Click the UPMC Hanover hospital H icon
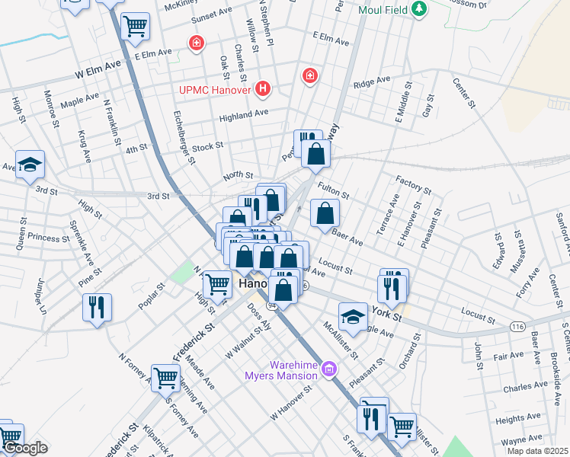pos(264,90)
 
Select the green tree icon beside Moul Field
pos(418,10)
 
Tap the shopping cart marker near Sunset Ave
pos(135,27)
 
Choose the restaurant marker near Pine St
pos(97,307)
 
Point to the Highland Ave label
pos(244,114)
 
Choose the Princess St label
pos(49,238)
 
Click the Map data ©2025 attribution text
pos(538,451)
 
